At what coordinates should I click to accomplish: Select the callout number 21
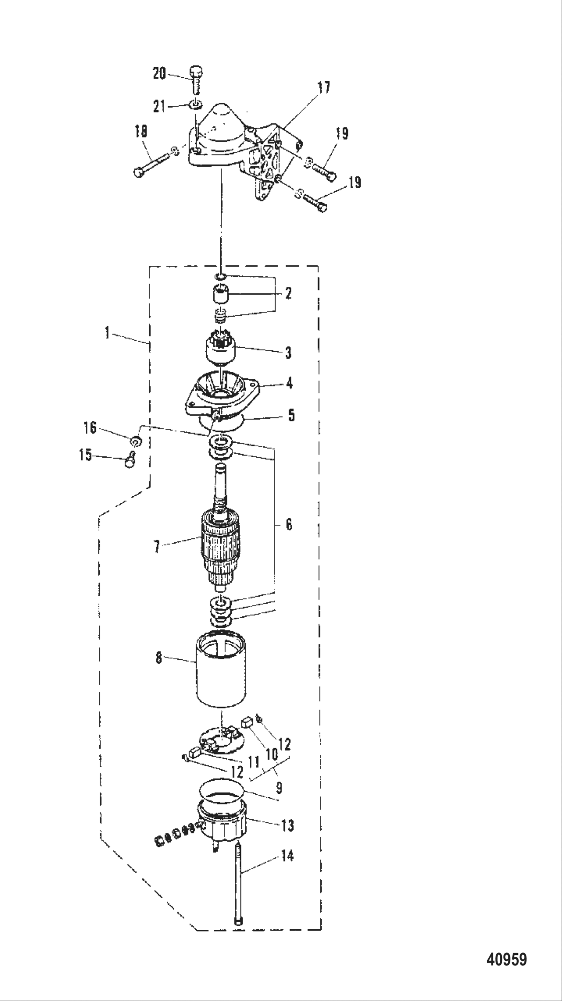click(x=159, y=106)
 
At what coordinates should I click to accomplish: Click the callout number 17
click(x=324, y=87)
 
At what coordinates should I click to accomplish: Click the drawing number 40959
click(x=506, y=960)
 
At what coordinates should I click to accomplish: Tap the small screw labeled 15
click(x=129, y=459)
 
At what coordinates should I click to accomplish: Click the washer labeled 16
click(x=135, y=441)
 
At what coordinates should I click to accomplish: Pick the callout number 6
click(x=289, y=524)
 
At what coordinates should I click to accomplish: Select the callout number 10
click(x=271, y=754)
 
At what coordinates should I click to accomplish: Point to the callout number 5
click(x=291, y=415)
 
